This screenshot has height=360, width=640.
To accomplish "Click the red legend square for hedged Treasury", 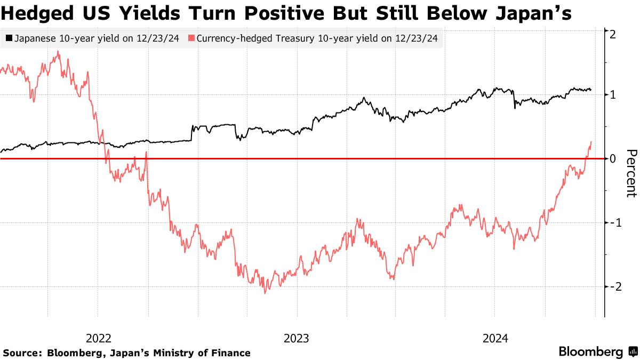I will click(192, 38).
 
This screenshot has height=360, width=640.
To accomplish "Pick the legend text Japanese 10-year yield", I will click(97, 38).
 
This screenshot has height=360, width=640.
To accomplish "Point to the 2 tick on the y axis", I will click(613, 34).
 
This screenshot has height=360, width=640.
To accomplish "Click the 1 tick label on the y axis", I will click(613, 95).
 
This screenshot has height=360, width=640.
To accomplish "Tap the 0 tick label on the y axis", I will click(613, 158).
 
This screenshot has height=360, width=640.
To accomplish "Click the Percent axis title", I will click(630, 173).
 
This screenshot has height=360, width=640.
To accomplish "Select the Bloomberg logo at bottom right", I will click(597, 351).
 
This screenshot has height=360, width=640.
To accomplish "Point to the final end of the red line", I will click(591, 142).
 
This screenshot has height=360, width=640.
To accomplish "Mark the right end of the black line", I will click(591, 90).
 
